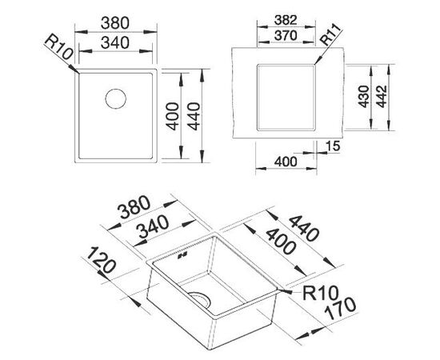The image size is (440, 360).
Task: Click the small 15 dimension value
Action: click(334, 146)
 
